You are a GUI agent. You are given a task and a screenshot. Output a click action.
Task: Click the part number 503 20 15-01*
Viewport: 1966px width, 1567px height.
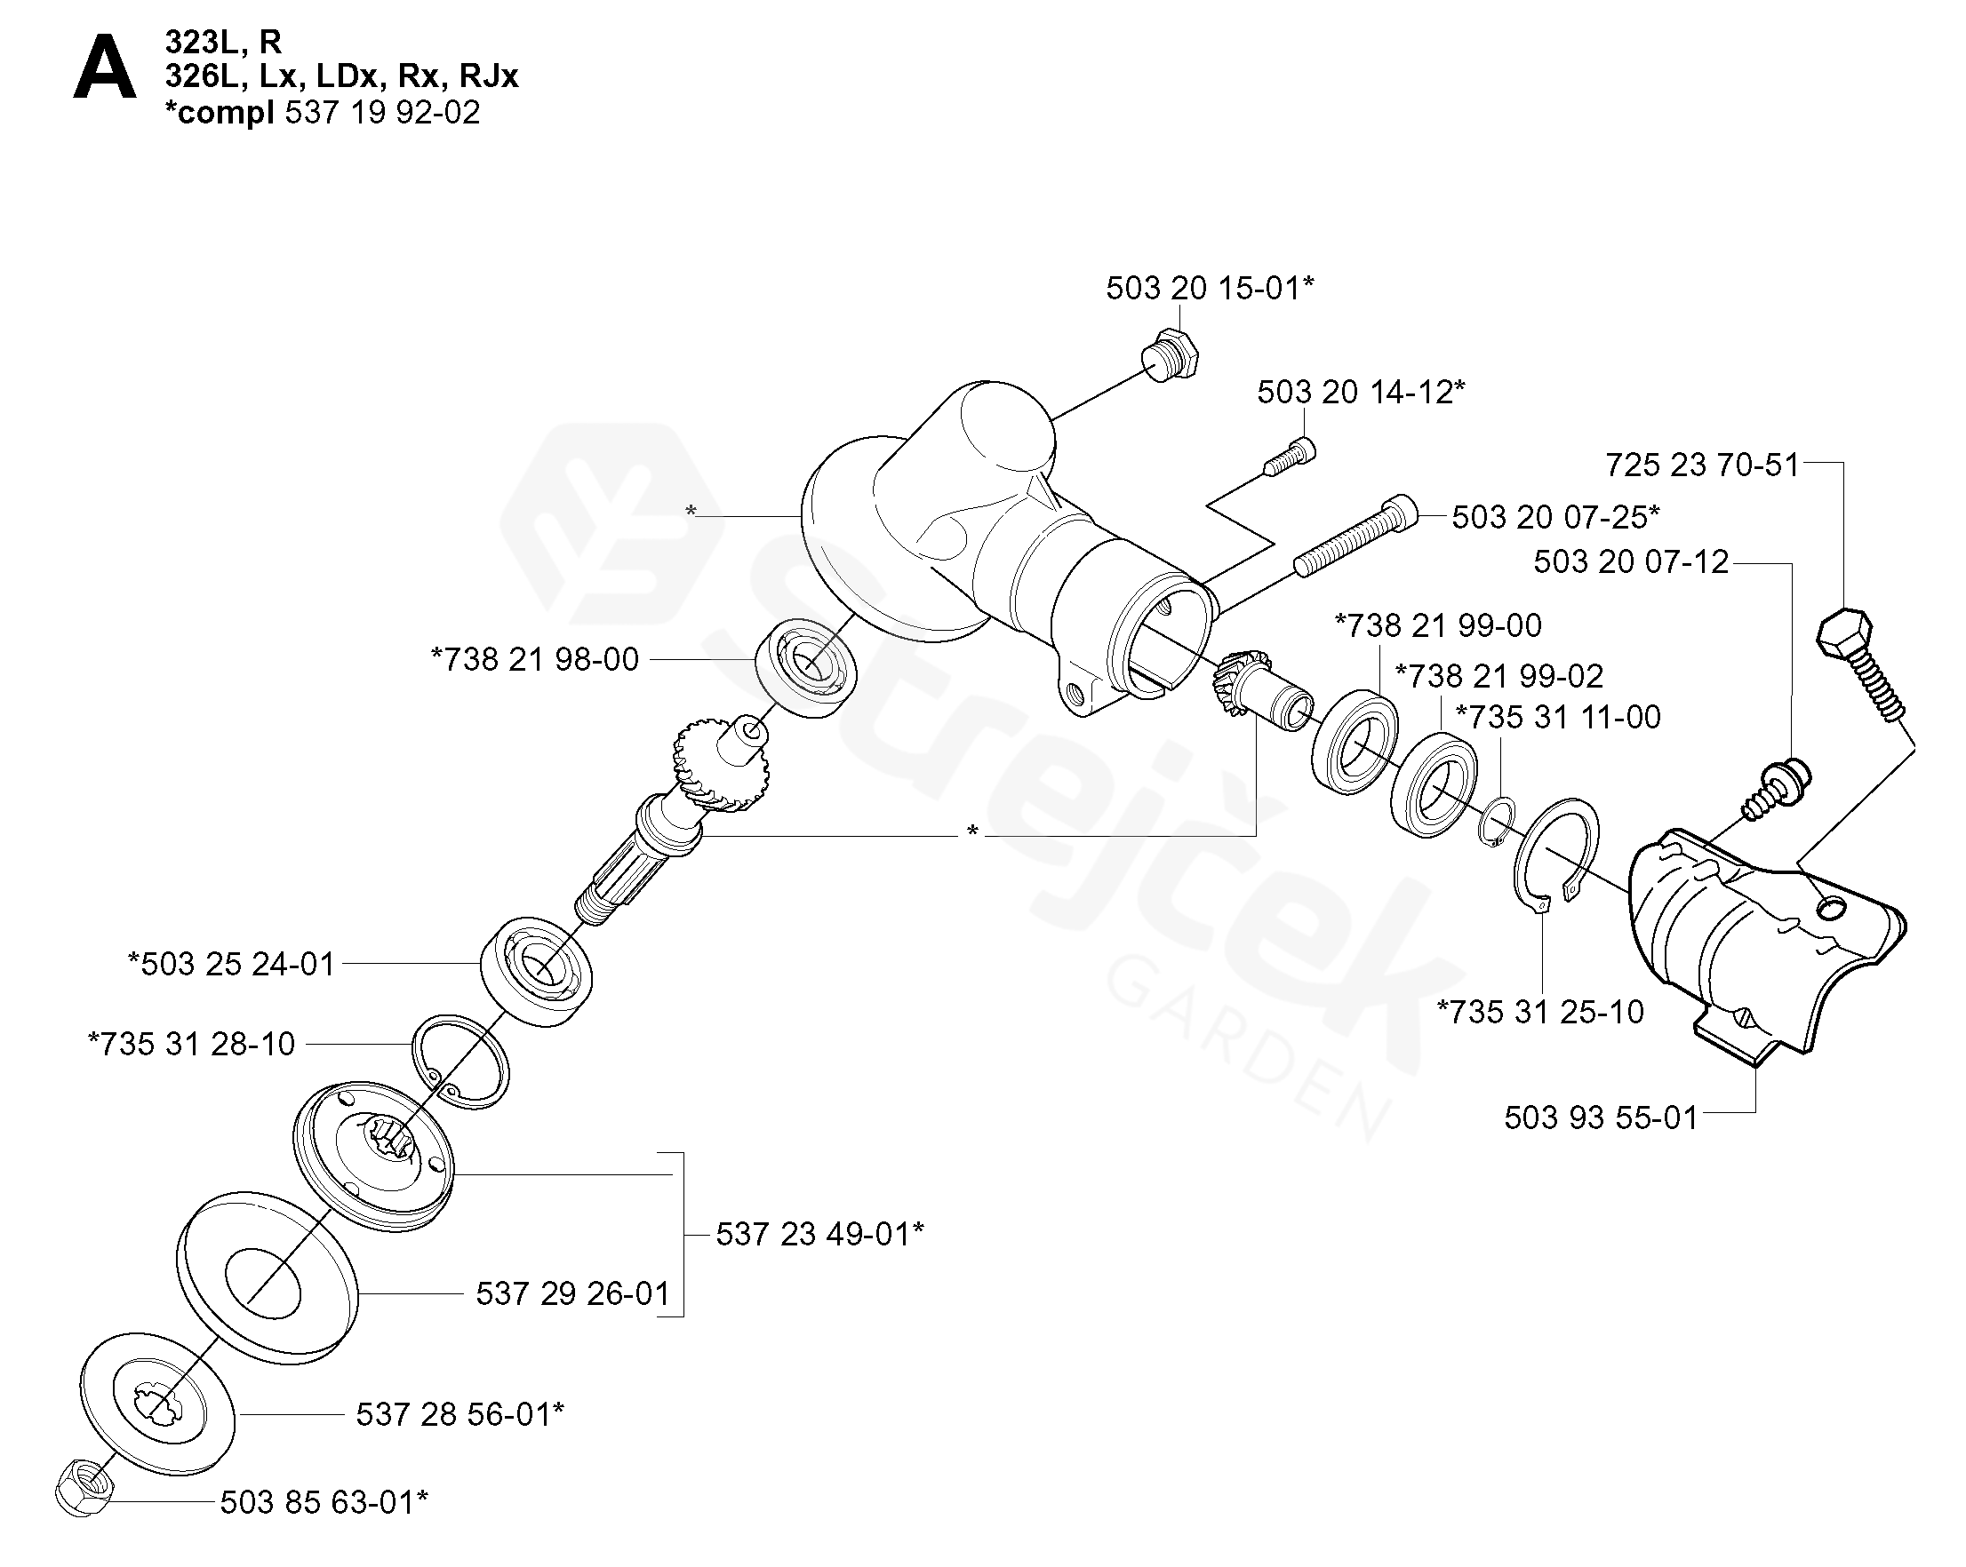click(x=1209, y=288)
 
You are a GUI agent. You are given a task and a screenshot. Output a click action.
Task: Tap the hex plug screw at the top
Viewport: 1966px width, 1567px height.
click(x=1171, y=354)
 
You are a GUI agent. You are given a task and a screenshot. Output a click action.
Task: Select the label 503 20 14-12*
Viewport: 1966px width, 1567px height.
click(x=1361, y=392)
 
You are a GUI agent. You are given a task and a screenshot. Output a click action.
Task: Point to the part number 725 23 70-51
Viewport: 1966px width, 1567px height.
click(x=1701, y=465)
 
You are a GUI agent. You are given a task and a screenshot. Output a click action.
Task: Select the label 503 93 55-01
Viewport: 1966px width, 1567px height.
click(x=1601, y=1118)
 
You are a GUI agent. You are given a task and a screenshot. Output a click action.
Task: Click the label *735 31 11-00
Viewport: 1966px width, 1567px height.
click(x=1557, y=717)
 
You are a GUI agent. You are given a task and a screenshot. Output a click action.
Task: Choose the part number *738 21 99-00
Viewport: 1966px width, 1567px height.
click(x=1438, y=625)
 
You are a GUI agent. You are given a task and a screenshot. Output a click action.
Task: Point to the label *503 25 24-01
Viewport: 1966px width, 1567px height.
click(x=232, y=964)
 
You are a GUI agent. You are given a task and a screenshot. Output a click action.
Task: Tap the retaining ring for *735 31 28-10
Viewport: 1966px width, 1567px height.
click(x=460, y=1061)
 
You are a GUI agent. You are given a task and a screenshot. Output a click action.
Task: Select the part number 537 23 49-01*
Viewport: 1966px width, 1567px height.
click(x=819, y=1234)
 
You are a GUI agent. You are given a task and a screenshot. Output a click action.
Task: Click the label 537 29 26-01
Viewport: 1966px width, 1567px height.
click(x=572, y=1293)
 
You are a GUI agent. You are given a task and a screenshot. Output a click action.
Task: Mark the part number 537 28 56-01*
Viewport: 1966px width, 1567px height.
click(x=460, y=1414)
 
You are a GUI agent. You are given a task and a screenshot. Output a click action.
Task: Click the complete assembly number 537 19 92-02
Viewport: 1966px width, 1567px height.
click(x=382, y=112)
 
